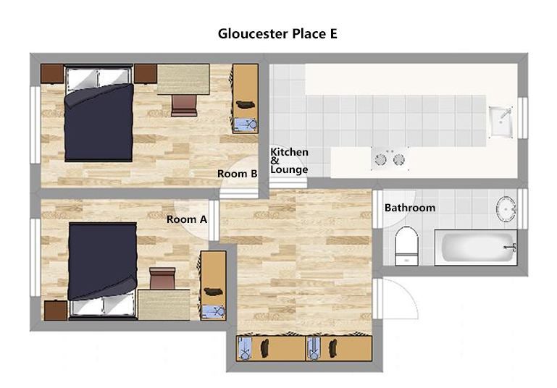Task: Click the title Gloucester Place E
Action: [277, 34]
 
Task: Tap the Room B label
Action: [238, 174]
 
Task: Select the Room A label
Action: [187, 219]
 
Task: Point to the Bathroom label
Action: [410, 208]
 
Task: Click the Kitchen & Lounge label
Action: [289, 161]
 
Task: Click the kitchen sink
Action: [501, 122]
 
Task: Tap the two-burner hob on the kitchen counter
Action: [390, 159]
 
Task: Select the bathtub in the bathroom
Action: [476, 248]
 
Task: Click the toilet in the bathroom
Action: [407, 245]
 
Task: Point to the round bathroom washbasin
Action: [506, 208]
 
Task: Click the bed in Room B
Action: [99, 113]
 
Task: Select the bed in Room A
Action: [103, 271]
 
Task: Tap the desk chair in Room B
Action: [184, 106]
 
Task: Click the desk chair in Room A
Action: [162, 278]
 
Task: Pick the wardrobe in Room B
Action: [245, 98]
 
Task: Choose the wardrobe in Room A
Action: [213, 285]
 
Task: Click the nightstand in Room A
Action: [56, 311]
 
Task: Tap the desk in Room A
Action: [164, 305]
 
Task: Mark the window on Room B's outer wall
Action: [35, 125]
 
